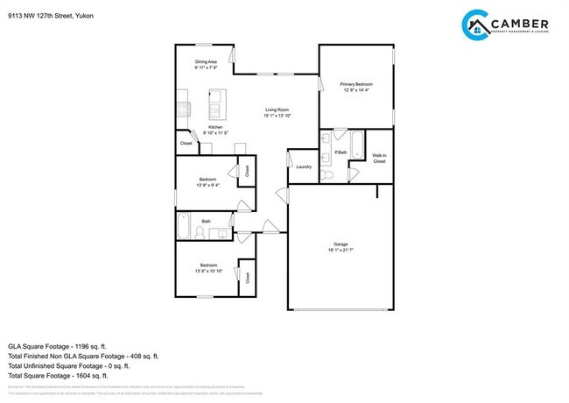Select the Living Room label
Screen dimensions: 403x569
coord(277,110)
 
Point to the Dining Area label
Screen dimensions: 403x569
coord(206,61)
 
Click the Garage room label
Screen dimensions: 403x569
coord(341,244)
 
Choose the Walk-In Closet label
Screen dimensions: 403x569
coord(379,159)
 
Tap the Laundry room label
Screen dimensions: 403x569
coord(304,166)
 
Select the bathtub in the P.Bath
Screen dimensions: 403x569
coord(358,143)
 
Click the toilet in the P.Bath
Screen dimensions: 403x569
coord(327,175)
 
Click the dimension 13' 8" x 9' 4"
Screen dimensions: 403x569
coord(207,185)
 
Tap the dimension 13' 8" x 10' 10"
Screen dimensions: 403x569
coord(208,271)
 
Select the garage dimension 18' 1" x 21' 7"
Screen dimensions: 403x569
coord(341,251)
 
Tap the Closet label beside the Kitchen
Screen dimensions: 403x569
coord(186,143)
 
